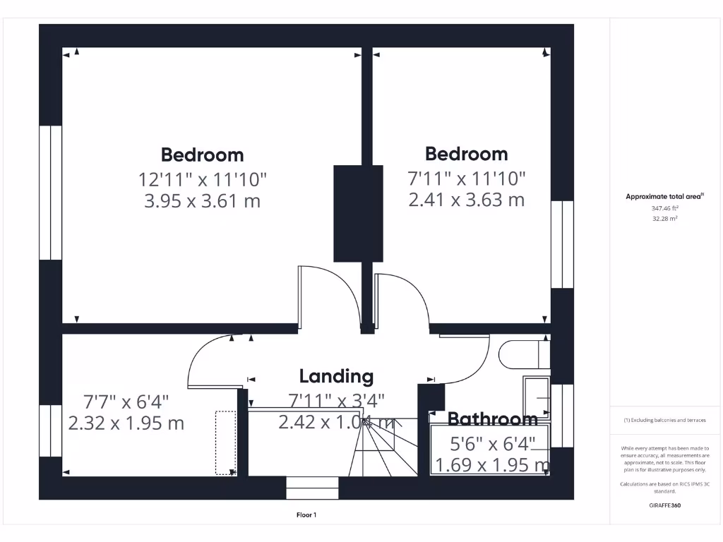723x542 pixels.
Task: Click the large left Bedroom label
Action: pyautogui.click(x=202, y=155)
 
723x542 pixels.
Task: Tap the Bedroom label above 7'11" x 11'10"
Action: pyautogui.click(x=466, y=154)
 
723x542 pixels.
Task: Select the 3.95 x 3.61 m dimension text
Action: pyautogui.click(x=202, y=201)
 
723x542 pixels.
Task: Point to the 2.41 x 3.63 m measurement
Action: pyautogui.click(x=466, y=200)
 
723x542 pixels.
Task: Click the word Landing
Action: pyautogui.click(x=336, y=376)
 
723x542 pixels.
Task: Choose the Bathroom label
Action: pyautogui.click(x=492, y=419)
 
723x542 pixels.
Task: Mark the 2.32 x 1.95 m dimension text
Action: pyautogui.click(x=126, y=423)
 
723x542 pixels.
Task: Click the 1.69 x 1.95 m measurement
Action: pyautogui.click(x=492, y=465)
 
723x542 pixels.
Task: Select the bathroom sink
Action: pyautogui.click(x=538, y=399)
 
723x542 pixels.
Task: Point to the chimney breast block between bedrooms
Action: pyautogui.click(x=358, y=213)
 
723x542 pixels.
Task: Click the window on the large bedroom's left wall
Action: pyautogui.click(x=50, y=193)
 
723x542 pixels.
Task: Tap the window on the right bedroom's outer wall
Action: pyautogui.click(x=562, y=244)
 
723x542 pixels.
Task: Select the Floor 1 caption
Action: pyautogui.click(x=306, y=515)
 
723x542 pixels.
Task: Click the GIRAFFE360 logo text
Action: pyautogui.click(x=665, y=505)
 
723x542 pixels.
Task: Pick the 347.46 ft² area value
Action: pyautogui.click(x=664, y=209)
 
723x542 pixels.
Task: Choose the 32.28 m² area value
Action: pyautogui.click(x=664, y=219)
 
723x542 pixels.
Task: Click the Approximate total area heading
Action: pyautogui.click(x=664, y=197)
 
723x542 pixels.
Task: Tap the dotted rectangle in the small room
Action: pyautogui.click(x=226, y=442)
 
